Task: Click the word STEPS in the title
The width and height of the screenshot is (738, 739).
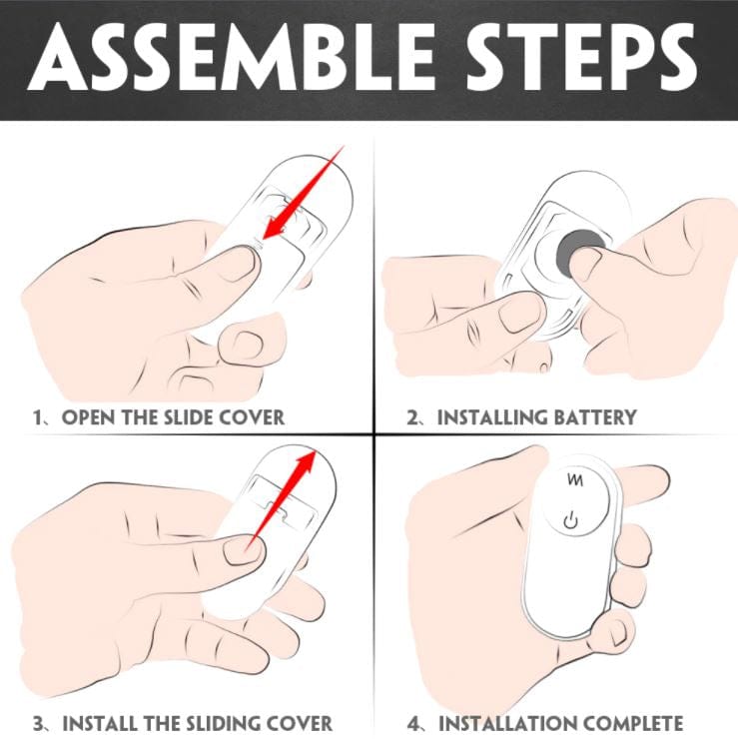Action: (x=581, y=57)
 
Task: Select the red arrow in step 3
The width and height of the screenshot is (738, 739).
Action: (x=281, y=499)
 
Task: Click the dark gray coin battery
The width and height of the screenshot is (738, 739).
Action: (x=579, y=249)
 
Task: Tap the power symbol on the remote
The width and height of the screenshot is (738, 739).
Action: (x=570, y=520)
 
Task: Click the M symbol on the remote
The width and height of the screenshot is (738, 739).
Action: (x=575, y=479)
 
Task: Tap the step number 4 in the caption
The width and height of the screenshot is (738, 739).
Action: (x=412, y=723)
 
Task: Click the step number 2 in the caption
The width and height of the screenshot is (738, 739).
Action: (x=412, y=417)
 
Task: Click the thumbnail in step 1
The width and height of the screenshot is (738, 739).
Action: (x=235, y=264)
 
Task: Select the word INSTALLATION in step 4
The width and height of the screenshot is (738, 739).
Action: (x=507, y=723)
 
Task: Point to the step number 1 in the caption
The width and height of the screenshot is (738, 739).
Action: (x=37, y=417)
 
